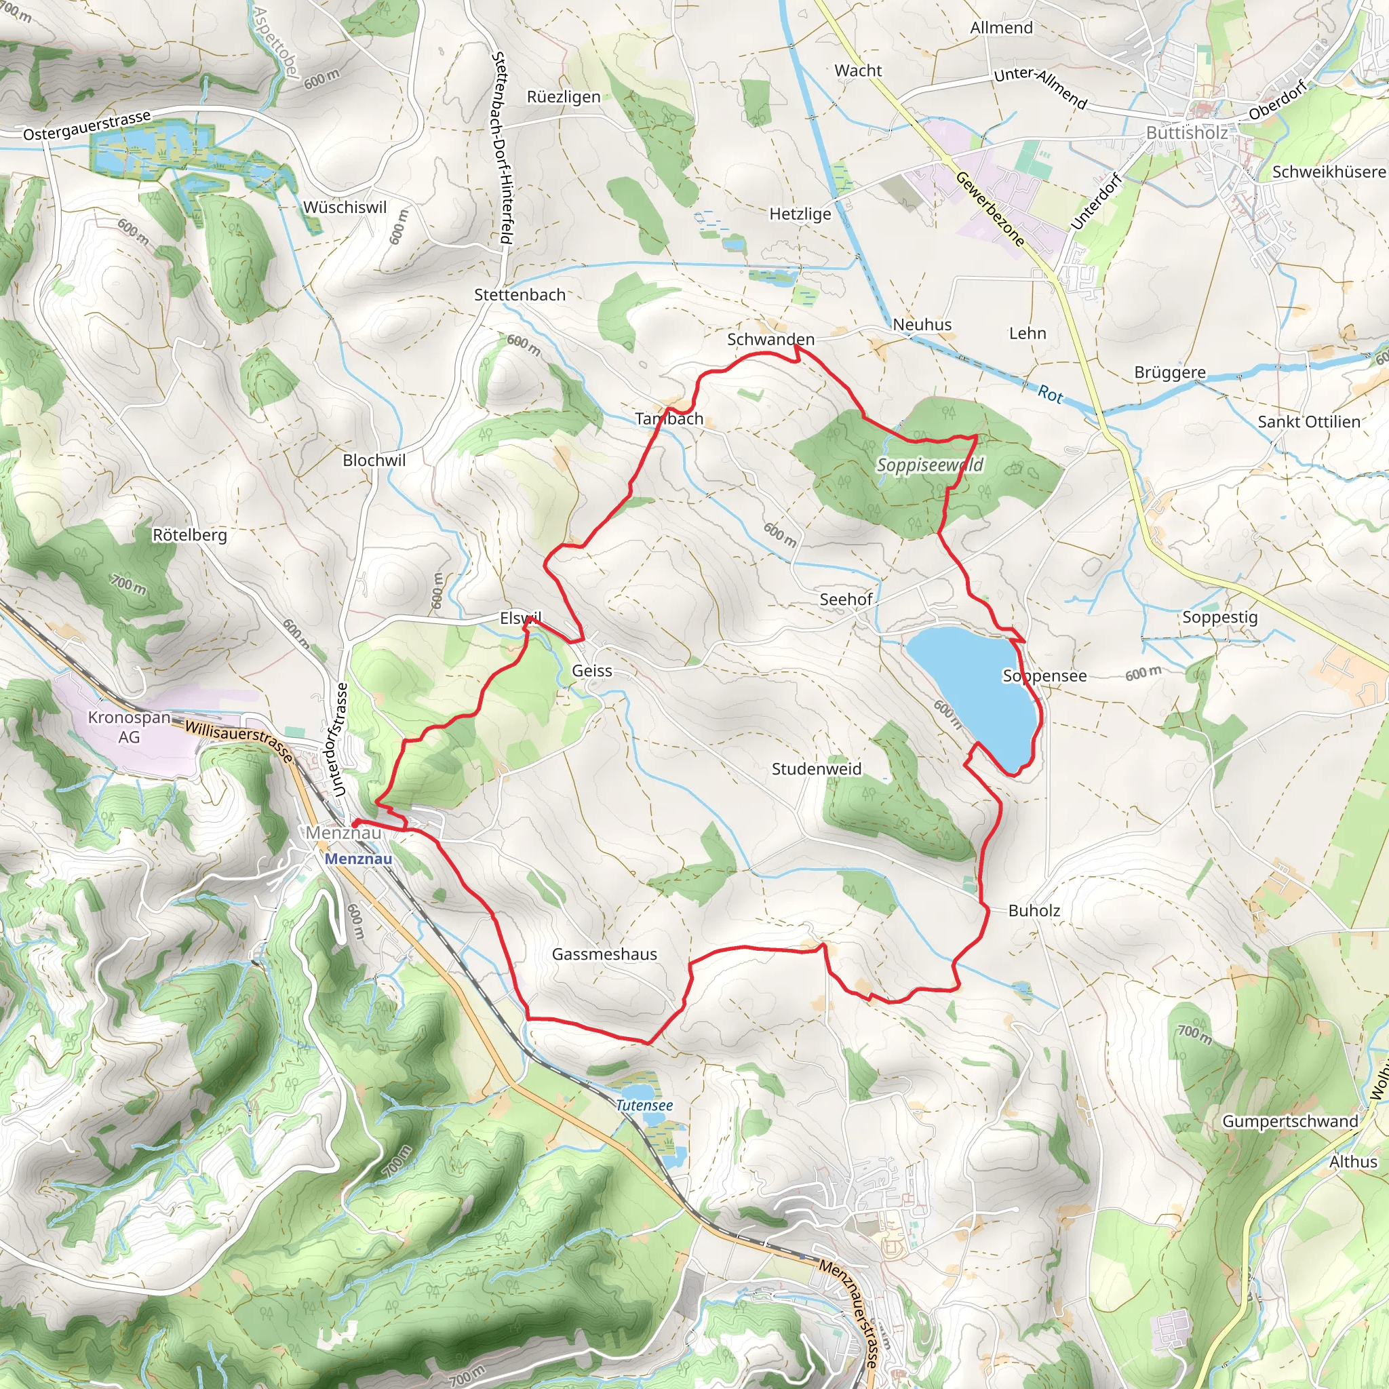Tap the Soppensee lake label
[x=1044, y=676]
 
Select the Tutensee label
[x=644, y=1105]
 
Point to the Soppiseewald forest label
[x=930, y=465]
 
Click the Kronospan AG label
[x=130, y=727]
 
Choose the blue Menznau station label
[x=358, y=859]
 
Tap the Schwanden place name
[x=770, y=339]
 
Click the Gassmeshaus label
[x=604, y=954]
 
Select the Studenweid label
[x=816, y=768]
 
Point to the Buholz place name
[x=1034, y=910]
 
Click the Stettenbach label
[x=520, y=295]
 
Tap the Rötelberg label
[x=190, y=535]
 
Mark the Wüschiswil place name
[x=345, y=207]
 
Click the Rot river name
[x=1050, y=393]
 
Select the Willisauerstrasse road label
[x=239, y=741]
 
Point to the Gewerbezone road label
[x=990, y=209]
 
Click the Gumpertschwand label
[x=1291, y=1121]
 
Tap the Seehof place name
[x=846, y=599]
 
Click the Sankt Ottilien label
[x=1308, y=422]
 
